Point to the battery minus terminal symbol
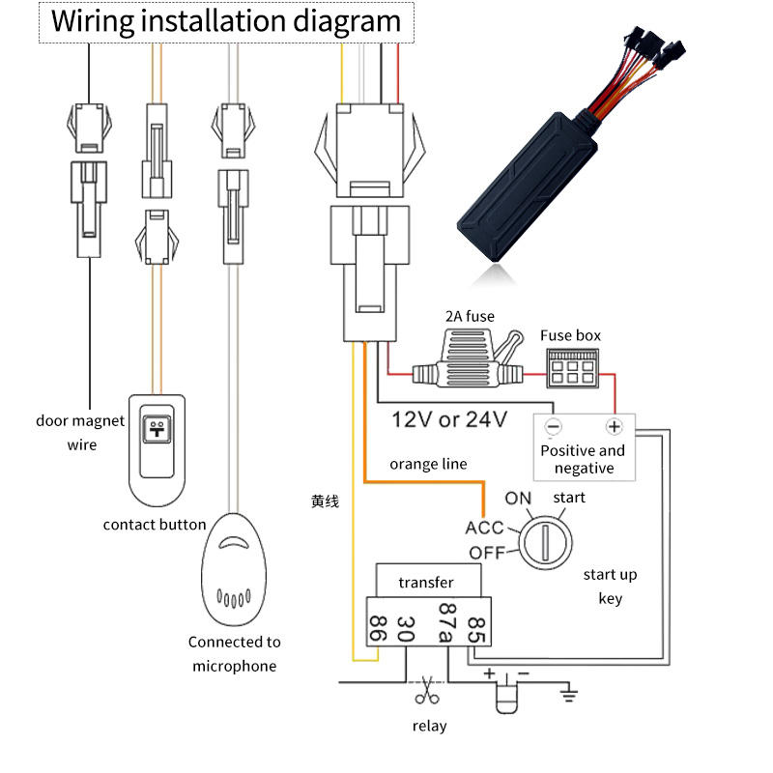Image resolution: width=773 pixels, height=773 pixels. tap(553, 426)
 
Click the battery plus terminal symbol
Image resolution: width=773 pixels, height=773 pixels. tap(613, 426)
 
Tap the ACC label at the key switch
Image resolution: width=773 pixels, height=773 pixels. tap(484, 528)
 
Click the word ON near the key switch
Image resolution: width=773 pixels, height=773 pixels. tap(519, 499)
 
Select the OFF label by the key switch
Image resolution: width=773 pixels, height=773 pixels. tap(488, 553)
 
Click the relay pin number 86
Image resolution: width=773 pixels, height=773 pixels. tap(378, 630)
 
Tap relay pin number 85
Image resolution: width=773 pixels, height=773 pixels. tap(474, 629)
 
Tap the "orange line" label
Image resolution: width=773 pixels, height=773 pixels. tap(428, 464)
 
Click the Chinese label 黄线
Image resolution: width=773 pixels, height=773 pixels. tap(325, 501)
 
